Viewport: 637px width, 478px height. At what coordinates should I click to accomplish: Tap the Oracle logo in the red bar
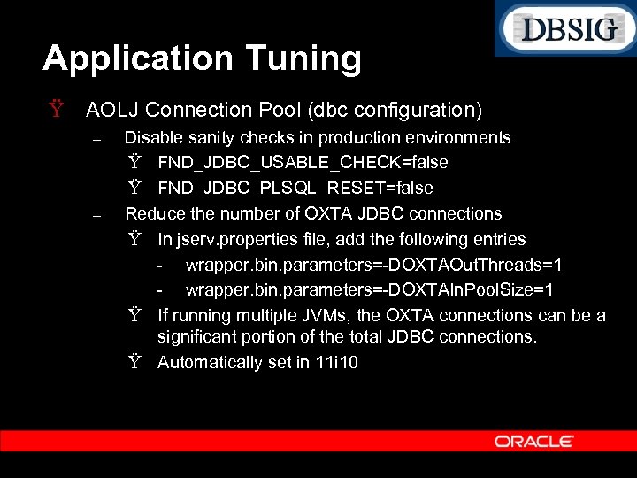[x=534, y=441]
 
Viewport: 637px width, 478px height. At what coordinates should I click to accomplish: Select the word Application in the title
[x=129, y=58]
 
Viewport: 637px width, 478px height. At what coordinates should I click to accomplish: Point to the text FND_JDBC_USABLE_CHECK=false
[x=303, y=163]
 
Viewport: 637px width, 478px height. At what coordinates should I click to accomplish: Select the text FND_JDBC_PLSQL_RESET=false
[x=295, y=188]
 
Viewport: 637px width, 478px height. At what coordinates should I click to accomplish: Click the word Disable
[x=154, y=137]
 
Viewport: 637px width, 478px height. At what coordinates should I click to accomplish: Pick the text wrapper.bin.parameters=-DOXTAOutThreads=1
[x=373, y=265]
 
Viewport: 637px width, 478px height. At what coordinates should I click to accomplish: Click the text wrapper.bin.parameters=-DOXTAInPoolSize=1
[x=370, y=289]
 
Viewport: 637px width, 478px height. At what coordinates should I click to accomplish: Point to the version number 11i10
[x=337, y=362]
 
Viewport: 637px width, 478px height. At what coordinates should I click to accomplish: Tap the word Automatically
[x=210, y=362]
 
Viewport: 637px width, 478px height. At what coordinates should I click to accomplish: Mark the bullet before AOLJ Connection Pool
[x=57, y=110]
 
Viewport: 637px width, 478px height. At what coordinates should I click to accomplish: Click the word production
[x=365, y=137]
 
